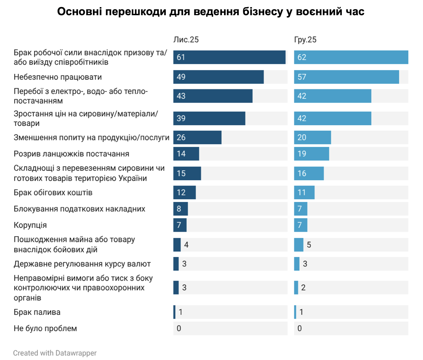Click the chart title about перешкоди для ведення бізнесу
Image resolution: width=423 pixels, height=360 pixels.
(x=211, y=12)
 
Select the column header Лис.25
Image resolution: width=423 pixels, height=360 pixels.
(x=186, y=40)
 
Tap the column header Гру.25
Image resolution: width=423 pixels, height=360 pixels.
(x=305, y=40)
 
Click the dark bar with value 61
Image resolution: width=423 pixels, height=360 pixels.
(x=229, y=57)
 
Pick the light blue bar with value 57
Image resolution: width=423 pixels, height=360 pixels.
(x=346, y=77)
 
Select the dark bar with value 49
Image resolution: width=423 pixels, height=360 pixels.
(x=218, y=77)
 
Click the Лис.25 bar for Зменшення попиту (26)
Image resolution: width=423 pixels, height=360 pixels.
(x=197, y=137)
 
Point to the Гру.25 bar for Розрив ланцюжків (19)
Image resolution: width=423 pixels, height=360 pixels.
(x=312, y=154)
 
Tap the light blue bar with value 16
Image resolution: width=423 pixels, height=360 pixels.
(x=309, y=173)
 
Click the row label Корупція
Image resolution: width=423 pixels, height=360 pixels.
(x=30, y=225)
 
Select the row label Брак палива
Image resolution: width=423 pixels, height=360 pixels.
(x=37, y=312)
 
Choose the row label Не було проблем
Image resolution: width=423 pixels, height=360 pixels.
(x=45, y=329)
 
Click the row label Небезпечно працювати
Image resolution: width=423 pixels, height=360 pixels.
(x=58, y=77)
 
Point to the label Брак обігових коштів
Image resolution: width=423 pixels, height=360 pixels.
(x=53, y=193)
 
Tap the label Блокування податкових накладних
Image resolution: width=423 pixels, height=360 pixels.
(x=79, y=209)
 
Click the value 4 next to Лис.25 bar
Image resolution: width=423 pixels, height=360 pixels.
(x=186, y=245)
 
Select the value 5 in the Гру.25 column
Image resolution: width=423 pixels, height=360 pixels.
(x=309, y=245)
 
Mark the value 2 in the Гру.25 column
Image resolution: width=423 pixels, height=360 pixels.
(x=303, y=288)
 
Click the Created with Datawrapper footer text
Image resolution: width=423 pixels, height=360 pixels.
(x=55, y=353)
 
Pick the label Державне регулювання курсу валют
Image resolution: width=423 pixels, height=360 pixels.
(x=82, y=264)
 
